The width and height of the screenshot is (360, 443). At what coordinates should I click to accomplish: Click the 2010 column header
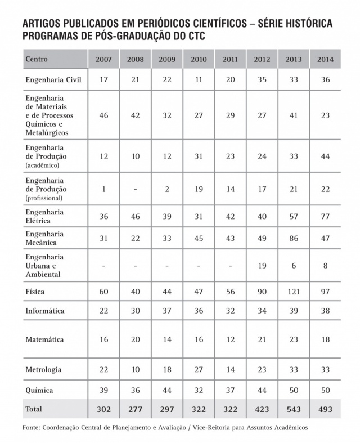tap(199, 59)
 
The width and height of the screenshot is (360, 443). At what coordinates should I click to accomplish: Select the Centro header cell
tap(37, 59)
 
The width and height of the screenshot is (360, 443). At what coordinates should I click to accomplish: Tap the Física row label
tap(35, 292)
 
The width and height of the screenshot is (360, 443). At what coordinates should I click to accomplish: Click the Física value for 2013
tap(293, 292)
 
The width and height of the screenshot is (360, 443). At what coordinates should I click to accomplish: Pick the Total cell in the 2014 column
tap(325, 408)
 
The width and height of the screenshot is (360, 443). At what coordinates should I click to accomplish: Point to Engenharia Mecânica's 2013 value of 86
tap(293, 239)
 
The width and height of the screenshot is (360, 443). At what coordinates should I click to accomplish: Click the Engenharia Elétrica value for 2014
tap(325, 217)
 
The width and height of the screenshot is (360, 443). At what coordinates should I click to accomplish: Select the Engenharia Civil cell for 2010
tap(199, 80)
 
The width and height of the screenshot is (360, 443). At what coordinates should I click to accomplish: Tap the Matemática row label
tap(44, 339)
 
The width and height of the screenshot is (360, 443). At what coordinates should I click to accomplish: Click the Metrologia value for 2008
tap(135, 370)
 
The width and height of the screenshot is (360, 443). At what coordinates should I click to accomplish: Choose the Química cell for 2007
tap(103, 390)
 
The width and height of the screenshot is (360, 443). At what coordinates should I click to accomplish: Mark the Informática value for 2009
tap(166, 311)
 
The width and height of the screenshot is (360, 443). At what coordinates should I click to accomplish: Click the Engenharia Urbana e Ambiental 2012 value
tap(262, 266)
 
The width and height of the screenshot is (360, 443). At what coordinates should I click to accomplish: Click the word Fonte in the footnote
tap(32, 428)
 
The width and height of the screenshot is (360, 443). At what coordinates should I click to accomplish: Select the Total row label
tap(34, 408)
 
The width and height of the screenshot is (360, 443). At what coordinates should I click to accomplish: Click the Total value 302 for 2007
tap(103, 408)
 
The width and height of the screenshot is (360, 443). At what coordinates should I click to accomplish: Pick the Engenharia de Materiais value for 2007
tap(103, 114)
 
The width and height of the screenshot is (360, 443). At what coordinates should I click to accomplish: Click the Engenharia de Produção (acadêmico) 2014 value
tap(325, 156)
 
